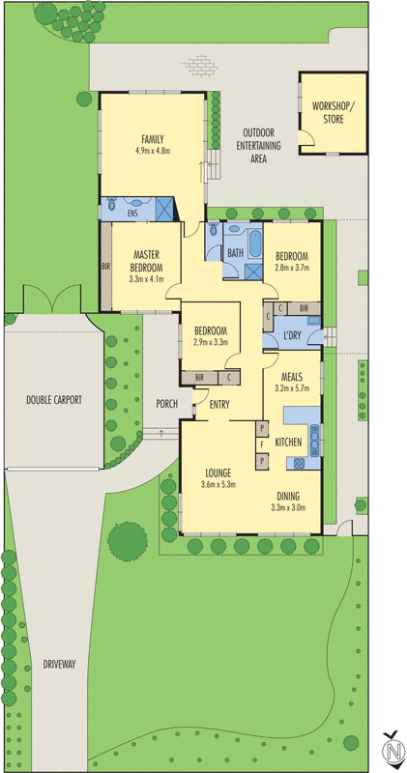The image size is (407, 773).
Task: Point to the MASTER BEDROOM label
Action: [x=147, y=261]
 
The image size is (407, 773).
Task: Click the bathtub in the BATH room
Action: [x=254, y=243]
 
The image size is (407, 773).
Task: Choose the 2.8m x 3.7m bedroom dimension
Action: [x=291, y=268]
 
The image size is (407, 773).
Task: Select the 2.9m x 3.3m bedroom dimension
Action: [x=211, y=342]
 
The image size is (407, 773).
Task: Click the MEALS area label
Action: [x=292, y=377]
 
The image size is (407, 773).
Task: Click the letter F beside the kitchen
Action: [x=261, y=444]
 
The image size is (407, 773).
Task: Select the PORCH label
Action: [x=166, y=404]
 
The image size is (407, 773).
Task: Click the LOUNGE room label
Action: [x=218, y=472]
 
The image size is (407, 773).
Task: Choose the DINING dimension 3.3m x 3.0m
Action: [x=288, y=506]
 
